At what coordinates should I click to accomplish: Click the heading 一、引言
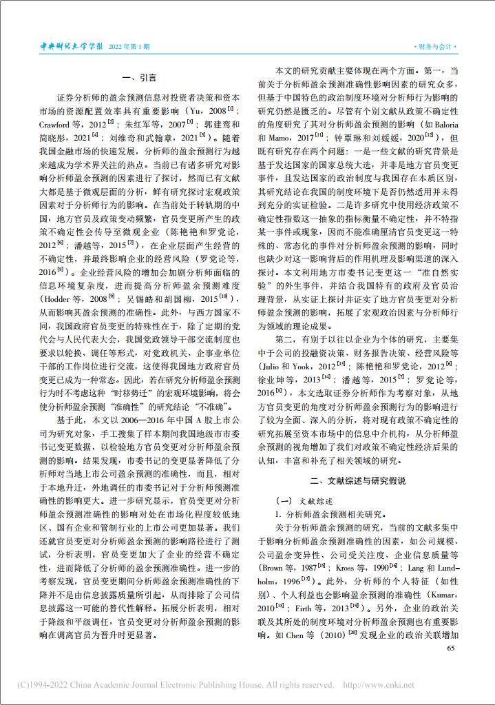click(x=138, y=78)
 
